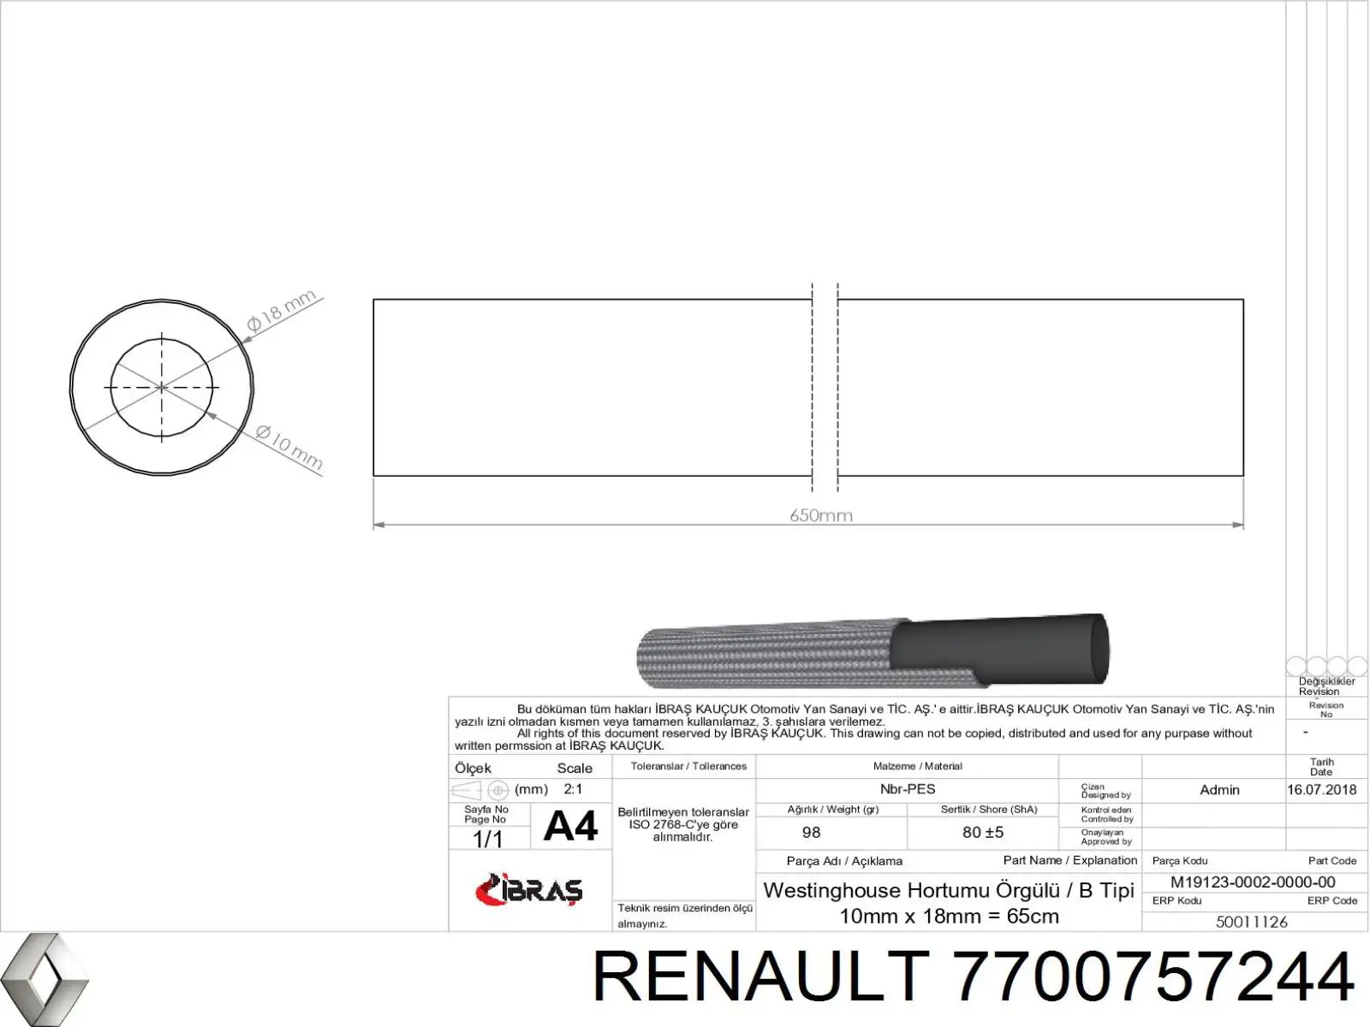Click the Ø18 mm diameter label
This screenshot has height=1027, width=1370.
click(282, 312)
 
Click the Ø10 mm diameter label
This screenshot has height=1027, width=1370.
click(289, 448)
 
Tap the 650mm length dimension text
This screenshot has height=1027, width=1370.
click(821, 515)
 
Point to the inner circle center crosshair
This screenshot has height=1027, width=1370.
click(162, 387)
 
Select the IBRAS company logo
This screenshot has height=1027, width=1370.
click(529, 889)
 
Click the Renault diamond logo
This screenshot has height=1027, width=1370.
click(44, 980)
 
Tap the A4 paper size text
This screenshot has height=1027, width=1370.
click(570, 826)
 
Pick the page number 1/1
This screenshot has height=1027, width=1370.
click(487, 840)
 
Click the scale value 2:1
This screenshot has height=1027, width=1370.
click(573, 789)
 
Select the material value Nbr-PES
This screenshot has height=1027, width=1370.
click(908, 789)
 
